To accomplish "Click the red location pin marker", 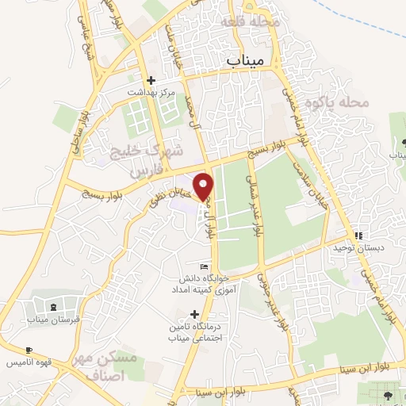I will (205, 186).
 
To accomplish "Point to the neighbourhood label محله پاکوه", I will (343, 102).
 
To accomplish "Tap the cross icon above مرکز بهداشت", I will (151, 79).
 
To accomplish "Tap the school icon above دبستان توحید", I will (359, 236).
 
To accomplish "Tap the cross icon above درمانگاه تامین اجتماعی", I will (194, 315).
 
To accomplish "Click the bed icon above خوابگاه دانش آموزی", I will (205, 266).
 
